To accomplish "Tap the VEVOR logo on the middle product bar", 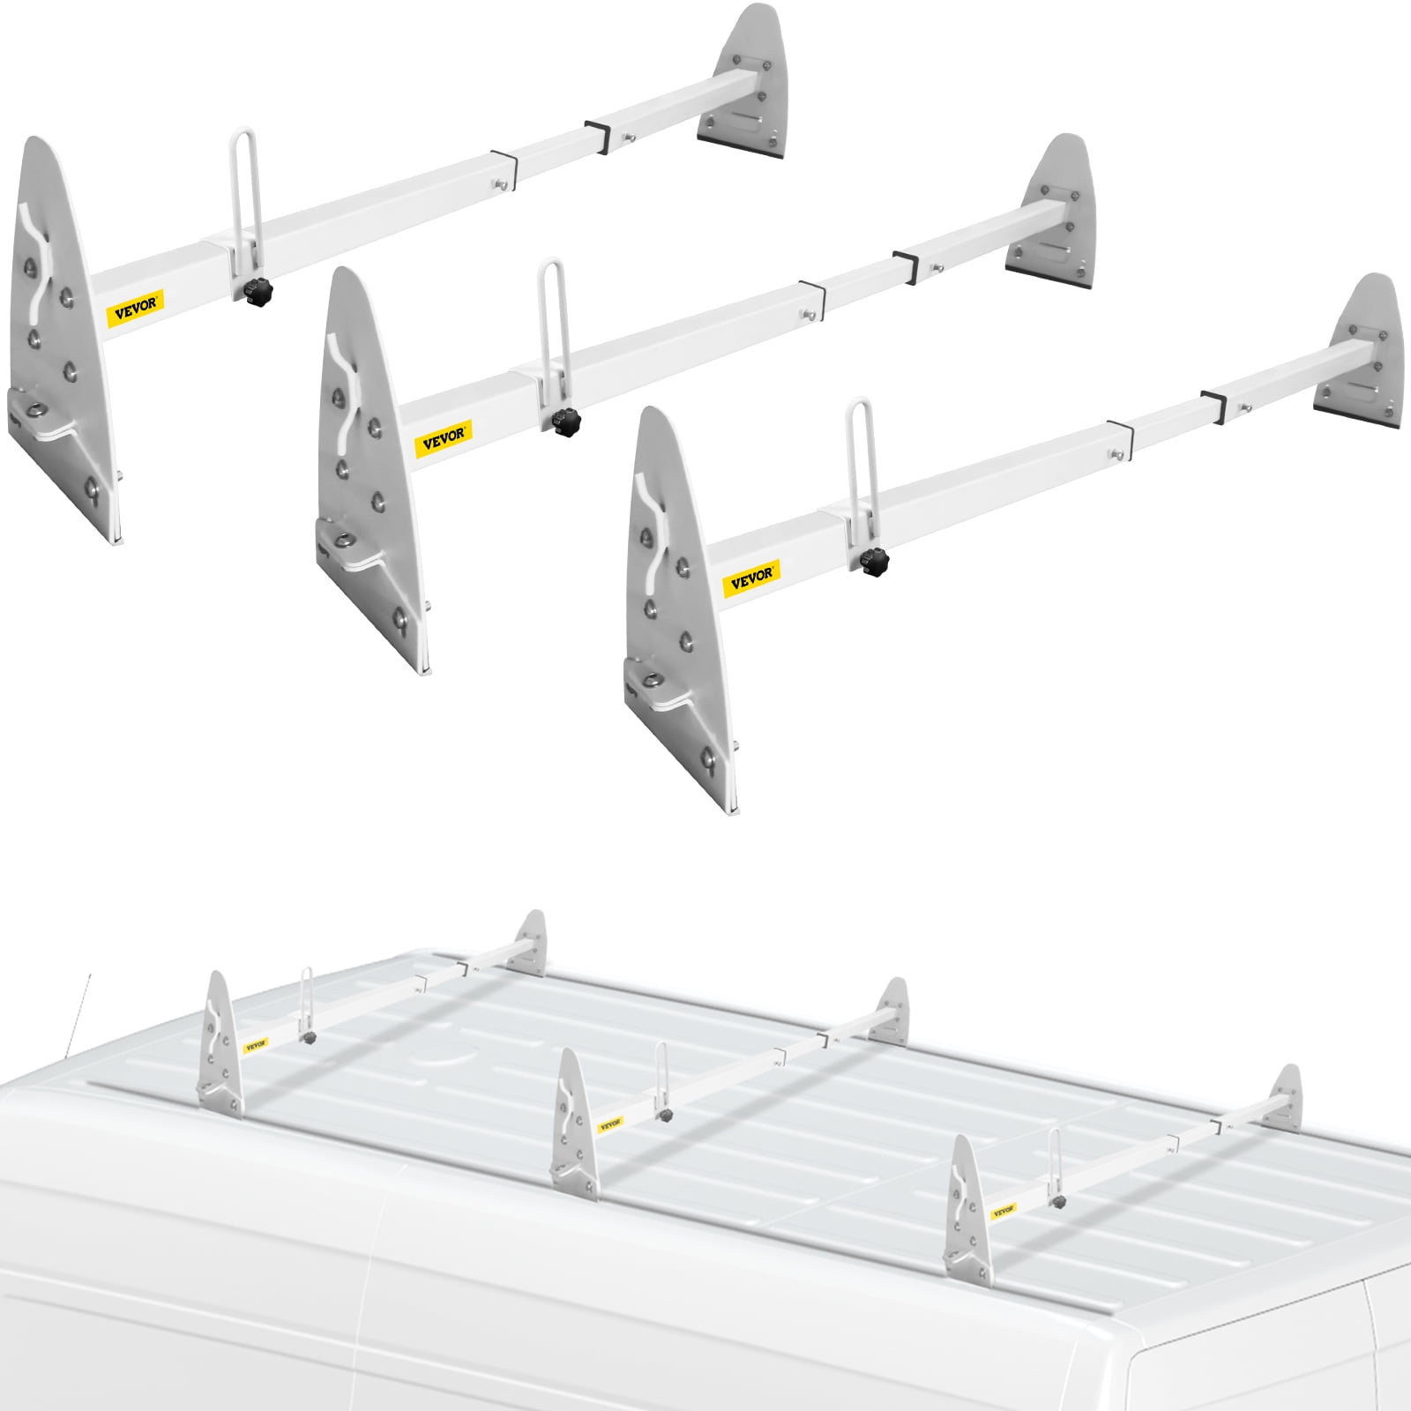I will pos(444,438).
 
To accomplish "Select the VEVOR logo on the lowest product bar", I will pos(752,578).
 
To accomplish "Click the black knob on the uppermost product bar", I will pos(258,288).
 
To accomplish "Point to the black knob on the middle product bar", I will pos(559,422).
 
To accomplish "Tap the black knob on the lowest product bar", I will pos(874,559).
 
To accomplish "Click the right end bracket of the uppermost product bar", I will pos(745,84).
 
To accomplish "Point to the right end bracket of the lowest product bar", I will pos(1362,353).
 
